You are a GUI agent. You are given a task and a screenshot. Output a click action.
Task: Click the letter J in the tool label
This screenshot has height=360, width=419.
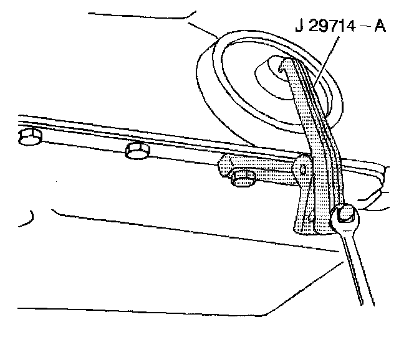(x=299, y=27)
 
